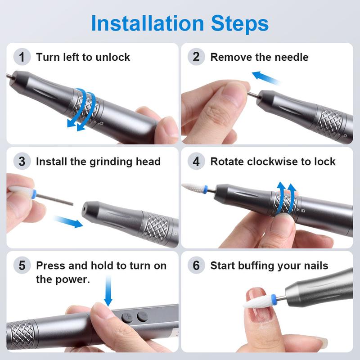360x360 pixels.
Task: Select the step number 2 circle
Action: [x=196, y=57]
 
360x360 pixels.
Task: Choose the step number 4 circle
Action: [x=196, y=161]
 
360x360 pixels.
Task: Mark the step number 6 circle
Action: [x=196, y=265]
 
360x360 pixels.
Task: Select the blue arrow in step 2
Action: [x=265, y=77]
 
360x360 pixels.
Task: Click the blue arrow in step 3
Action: [x=67, y=221]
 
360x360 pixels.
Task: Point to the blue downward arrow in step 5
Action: [x=108, y=290]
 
